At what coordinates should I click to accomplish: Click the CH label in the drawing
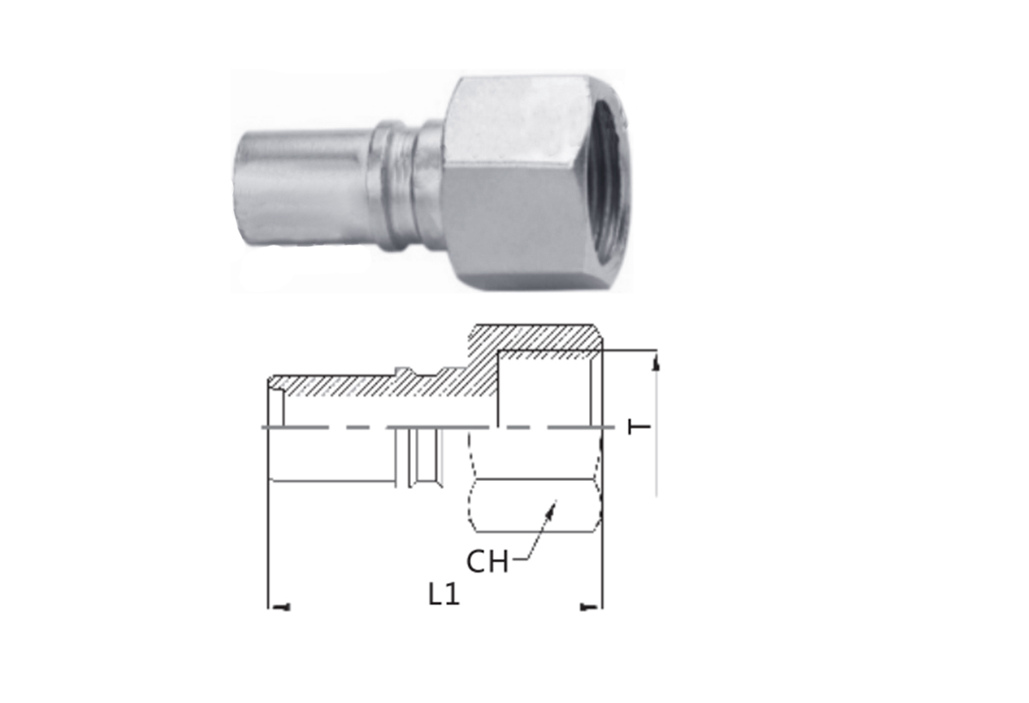tap(487, 562)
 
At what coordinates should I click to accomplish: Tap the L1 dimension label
tap(444, 594)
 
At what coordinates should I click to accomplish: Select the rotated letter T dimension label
tap(640, 428)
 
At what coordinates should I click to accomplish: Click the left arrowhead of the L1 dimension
tap(281, 608)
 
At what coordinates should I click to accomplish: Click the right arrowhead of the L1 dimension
tap(589, 608)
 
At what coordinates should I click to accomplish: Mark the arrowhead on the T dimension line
tap(657, 363)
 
